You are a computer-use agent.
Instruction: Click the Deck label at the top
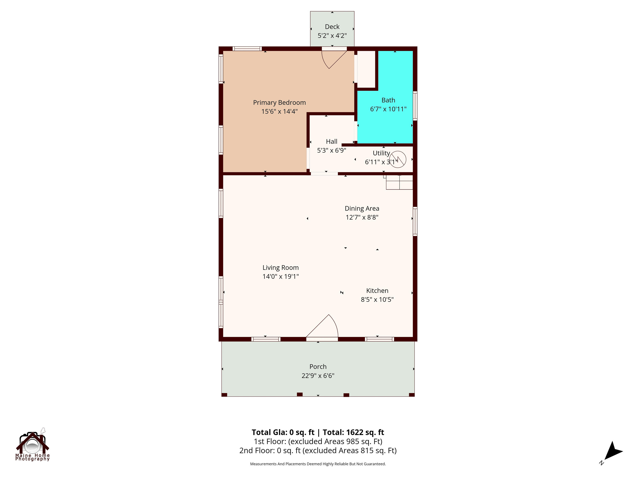click(332, 27)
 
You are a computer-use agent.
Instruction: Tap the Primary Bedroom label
click(279, 103)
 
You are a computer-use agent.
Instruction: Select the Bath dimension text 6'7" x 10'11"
click(388, 109)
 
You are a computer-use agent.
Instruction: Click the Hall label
click(332, 141)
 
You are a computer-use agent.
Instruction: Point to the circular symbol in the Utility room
click(398, 159)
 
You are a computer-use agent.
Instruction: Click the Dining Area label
click(362, 208)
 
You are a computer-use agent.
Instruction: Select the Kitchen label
click(377, 291)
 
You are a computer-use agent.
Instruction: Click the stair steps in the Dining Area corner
click(399, 182)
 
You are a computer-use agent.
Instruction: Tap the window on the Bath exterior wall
click(415, 106)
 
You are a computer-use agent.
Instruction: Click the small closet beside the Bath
click(366, 69)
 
